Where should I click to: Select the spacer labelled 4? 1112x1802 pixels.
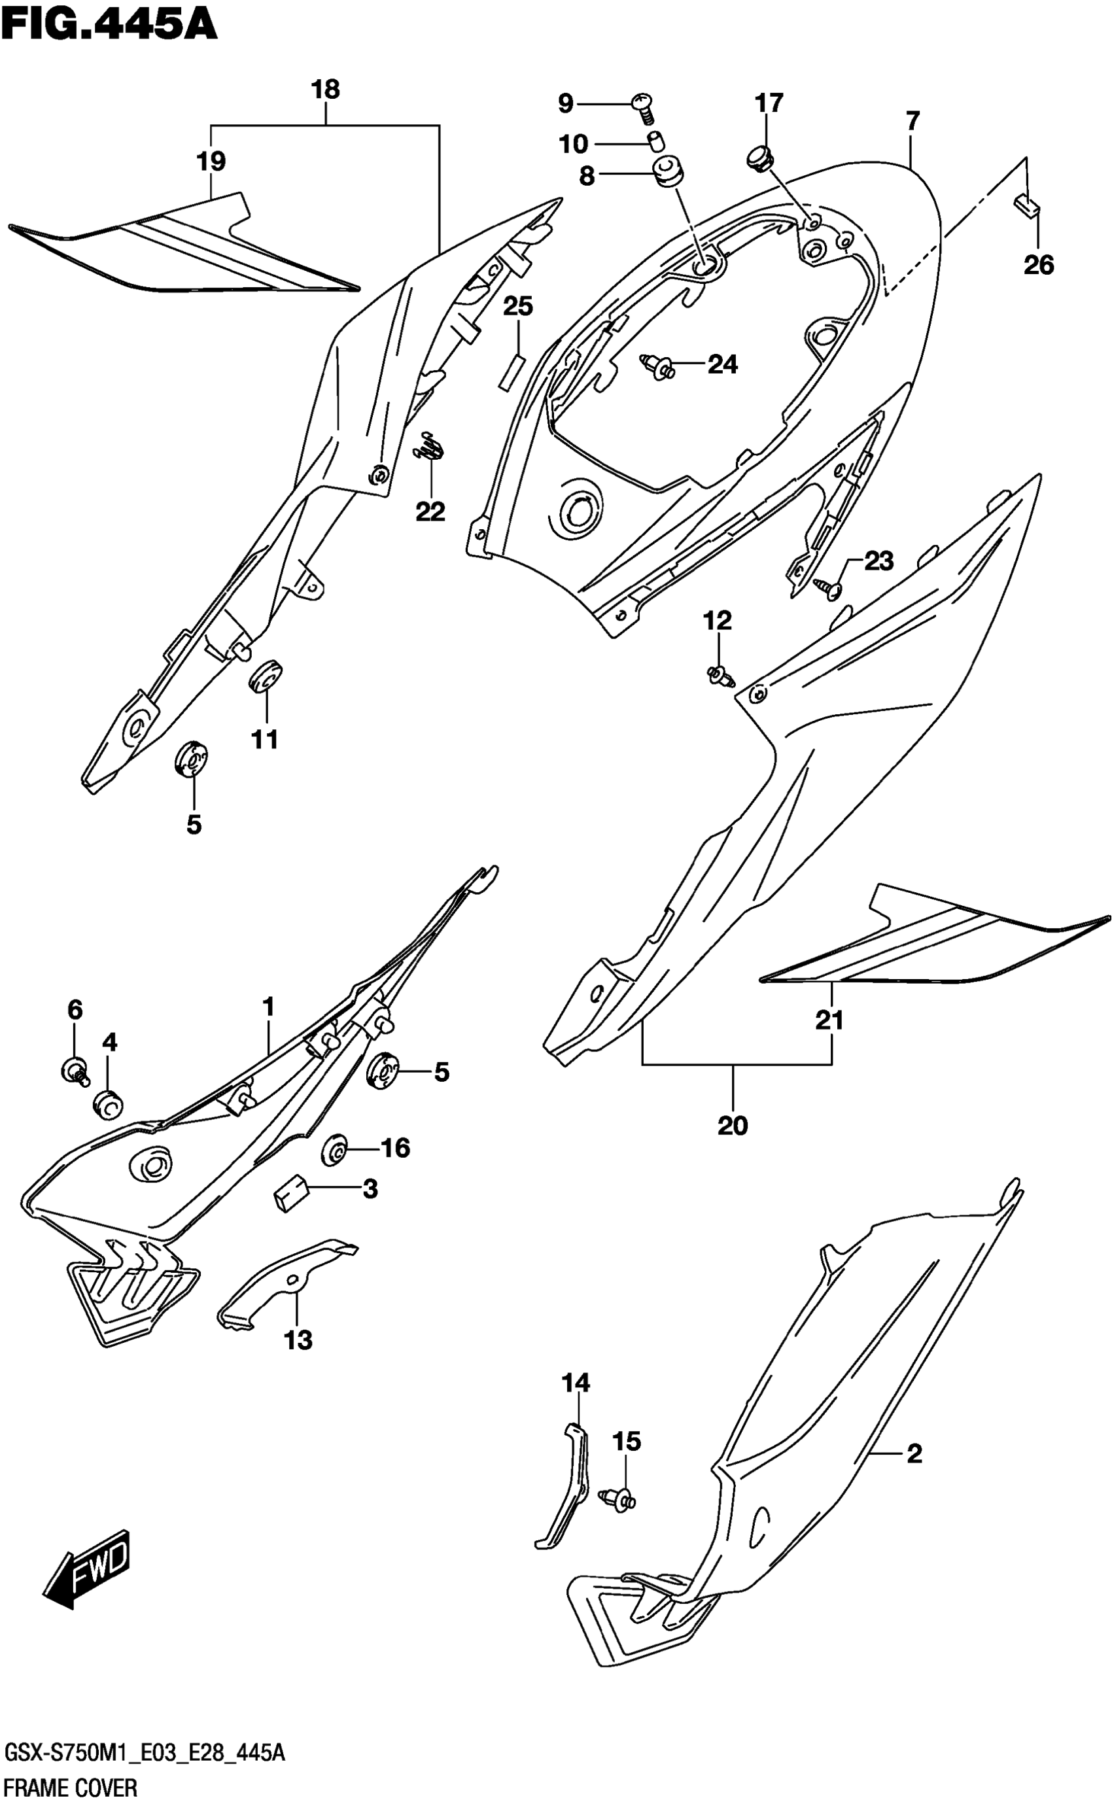point(108,1103)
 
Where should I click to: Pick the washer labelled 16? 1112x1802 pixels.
point(335,1151)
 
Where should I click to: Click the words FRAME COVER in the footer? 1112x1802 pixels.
point(71,1788)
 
